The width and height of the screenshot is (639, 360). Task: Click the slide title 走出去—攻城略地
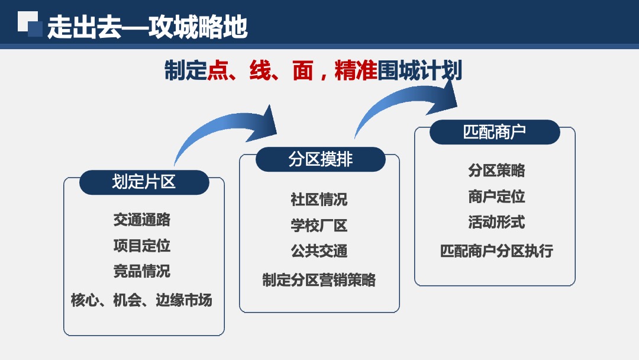[x=147, y=27]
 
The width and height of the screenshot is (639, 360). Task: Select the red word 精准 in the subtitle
[x=356, y=71]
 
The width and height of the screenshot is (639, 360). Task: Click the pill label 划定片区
[x=144, y=182]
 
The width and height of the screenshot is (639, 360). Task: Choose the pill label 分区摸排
[x=320, y=159]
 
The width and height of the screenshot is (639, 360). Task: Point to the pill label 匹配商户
[x=494, y=131]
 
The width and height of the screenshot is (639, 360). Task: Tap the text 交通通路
[x=142, y=220]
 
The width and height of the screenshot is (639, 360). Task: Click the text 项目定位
[x=142, y=245]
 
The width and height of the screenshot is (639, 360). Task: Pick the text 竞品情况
[x=142, y=271]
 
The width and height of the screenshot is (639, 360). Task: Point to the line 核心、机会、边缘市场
[x=141, y=300]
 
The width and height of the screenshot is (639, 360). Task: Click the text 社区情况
[x=319, y=200]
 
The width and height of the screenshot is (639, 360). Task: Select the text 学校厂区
[x=319, y=226]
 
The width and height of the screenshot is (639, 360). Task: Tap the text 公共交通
[x=319, y=251]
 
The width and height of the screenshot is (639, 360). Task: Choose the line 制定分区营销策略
[x=319, y=279]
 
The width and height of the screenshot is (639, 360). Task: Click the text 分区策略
[x=496, y=171]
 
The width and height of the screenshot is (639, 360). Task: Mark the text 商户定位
[x=496, y=197]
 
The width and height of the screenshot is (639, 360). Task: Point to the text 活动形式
[x=496, y=223]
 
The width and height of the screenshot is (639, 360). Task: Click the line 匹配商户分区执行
[x=496, y=251]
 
